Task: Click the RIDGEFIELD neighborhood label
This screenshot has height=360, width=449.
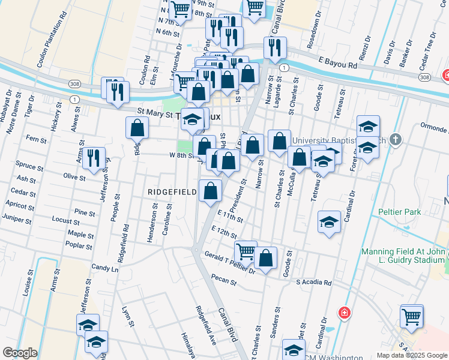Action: point(173,192)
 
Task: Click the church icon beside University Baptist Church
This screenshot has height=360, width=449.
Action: point(395,140)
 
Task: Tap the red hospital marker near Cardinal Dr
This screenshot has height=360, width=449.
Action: point(344,312)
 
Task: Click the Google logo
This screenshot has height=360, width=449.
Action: point(20,353)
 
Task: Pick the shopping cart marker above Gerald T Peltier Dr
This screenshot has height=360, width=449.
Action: point(246,251)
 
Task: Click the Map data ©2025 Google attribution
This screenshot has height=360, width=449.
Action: point(412,355)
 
